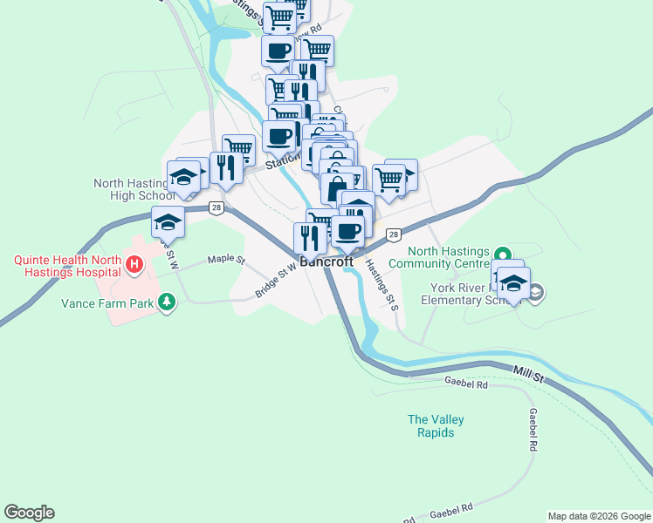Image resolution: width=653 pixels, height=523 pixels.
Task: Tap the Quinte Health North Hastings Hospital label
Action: coord(65,266)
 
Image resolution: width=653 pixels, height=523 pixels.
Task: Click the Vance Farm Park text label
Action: coord(107,304)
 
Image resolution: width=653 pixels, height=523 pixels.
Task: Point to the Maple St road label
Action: coord(228,260)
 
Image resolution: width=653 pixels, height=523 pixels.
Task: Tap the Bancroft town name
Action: coord(326,261)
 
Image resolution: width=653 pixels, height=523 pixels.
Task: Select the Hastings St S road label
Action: coord(381,284)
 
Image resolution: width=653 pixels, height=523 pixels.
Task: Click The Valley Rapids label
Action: coord(436,426)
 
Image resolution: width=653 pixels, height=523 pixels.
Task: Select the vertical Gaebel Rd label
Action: coord(532,429)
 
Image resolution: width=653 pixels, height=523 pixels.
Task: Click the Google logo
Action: coord(29,513)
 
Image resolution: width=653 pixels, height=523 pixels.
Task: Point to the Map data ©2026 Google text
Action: coord(599,516)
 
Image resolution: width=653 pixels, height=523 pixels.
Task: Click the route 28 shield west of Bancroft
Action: coord(217,207)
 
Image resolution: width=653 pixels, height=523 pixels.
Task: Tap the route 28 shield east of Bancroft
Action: coord(394,234)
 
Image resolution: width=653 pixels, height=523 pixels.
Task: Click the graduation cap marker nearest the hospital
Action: coord(168,222)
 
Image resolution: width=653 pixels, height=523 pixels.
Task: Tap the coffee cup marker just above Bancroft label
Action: coord(347,231)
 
